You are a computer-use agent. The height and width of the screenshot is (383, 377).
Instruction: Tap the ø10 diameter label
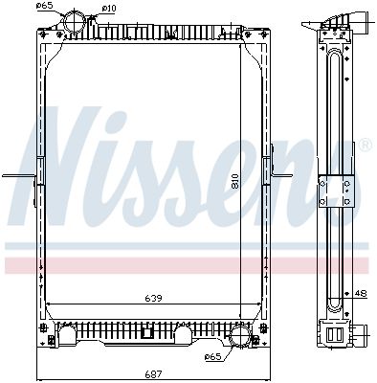point(109,9)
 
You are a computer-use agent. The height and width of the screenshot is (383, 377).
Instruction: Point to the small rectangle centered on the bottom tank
point(146,334)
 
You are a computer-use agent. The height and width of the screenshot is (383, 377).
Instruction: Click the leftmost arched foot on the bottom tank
point(67,336)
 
